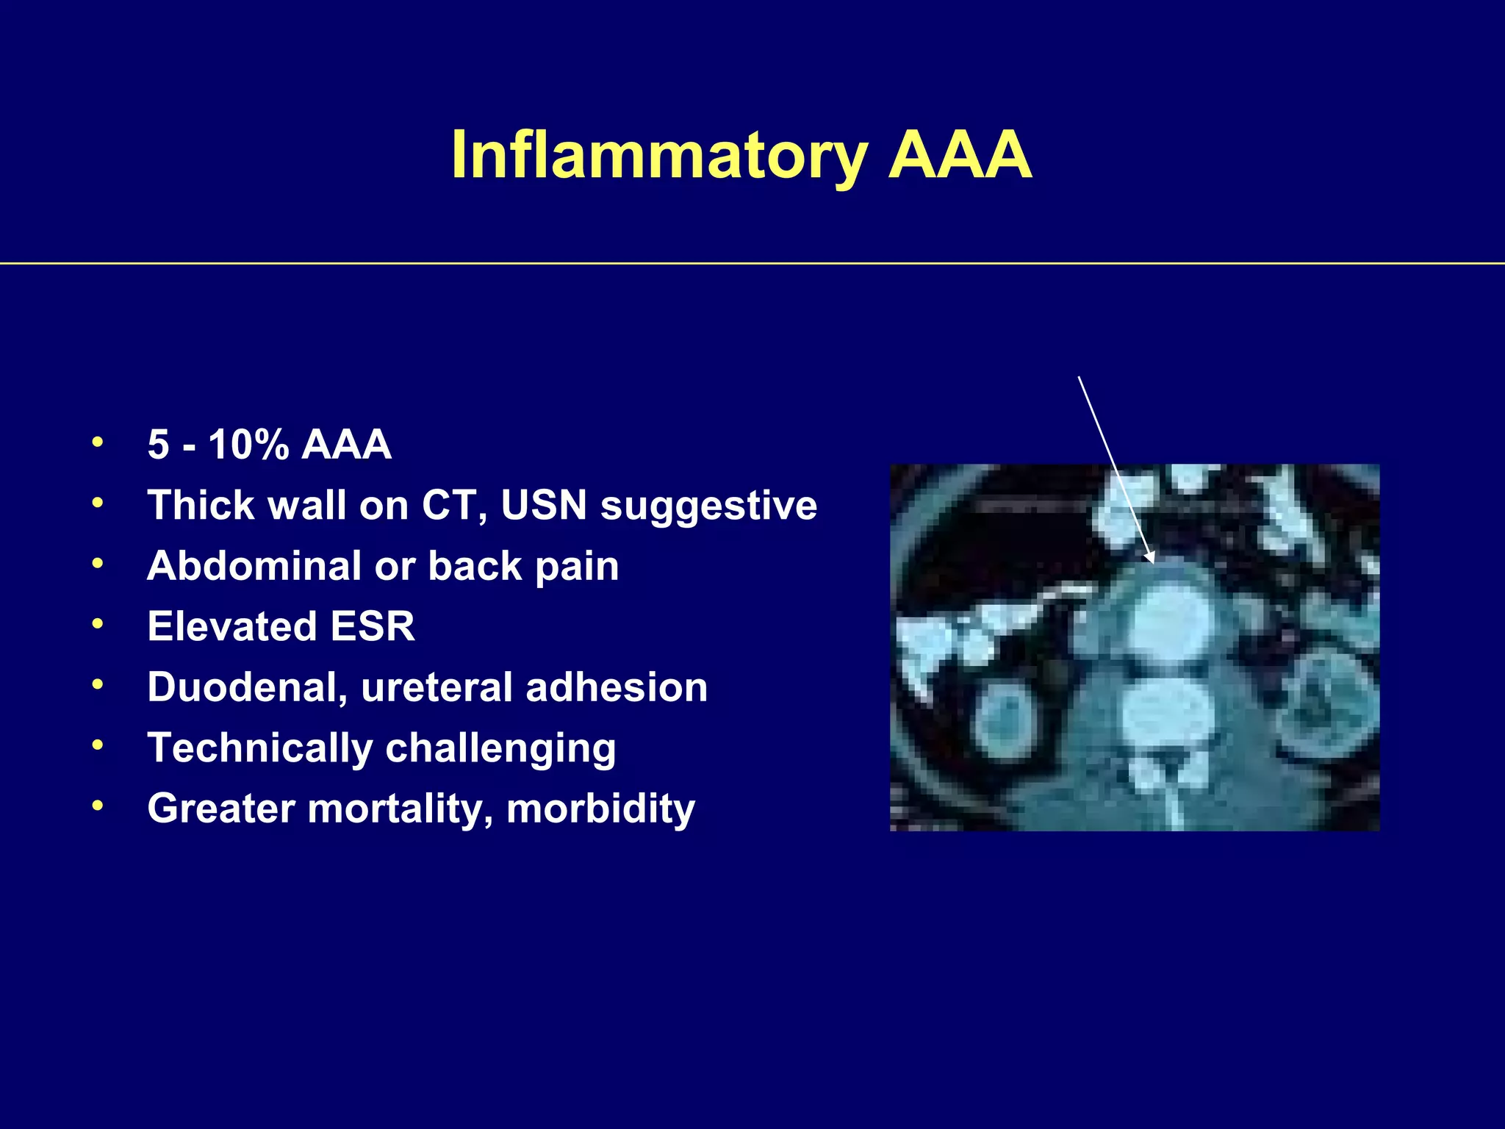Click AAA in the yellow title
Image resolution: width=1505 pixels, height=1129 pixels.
tap(960, 156)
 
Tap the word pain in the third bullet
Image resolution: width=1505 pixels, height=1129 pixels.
tap(577, 567)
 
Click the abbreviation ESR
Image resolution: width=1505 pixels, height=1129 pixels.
tap(373, 626)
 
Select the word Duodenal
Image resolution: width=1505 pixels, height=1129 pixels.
tap(247, 687)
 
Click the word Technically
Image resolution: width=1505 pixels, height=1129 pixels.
tap(260, 748)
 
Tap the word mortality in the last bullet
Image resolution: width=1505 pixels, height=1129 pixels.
tap(401, 809)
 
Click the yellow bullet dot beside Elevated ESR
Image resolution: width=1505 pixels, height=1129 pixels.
tap(97, 625)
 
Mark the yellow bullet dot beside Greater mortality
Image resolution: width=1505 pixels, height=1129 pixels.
tap(97, 806)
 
